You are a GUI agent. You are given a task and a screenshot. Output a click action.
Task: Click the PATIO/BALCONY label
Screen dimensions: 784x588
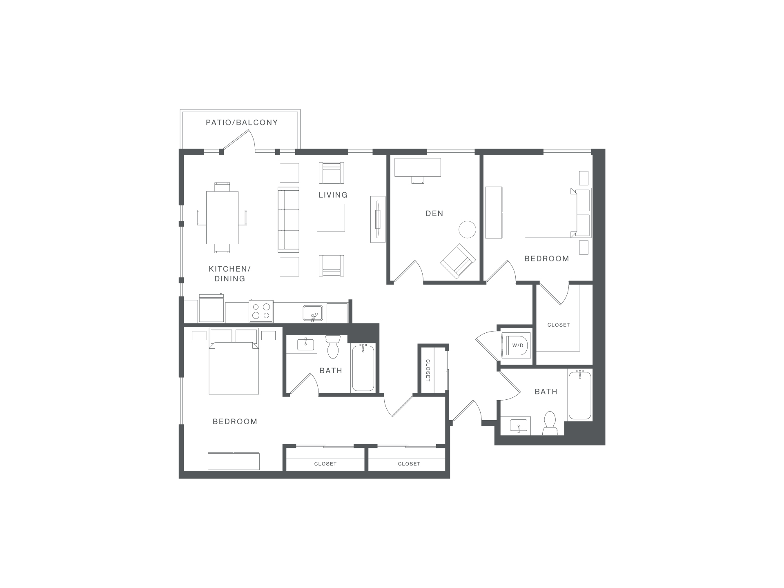[x=242, y=122]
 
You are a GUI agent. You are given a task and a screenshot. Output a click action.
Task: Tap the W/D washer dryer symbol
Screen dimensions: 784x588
[x=518, y=345]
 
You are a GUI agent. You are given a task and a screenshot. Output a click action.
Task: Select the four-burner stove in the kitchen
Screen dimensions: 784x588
[x=261, y=311]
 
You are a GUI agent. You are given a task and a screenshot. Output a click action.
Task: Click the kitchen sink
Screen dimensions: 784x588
[x=313, y=313]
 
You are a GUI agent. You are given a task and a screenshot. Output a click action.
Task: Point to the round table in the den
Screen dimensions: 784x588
[x=468, y=229]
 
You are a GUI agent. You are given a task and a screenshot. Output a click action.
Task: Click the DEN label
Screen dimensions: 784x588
[x=434, y=214]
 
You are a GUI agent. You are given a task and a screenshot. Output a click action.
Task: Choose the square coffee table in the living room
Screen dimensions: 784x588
[x=331, y=218]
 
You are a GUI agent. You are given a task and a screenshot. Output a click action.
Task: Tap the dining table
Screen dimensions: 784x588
[x=222, y=218]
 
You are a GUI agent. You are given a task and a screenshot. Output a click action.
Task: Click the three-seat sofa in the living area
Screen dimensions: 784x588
[x=288, y=219]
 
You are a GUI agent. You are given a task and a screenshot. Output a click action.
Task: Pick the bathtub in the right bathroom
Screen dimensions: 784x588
[x=580, y=395]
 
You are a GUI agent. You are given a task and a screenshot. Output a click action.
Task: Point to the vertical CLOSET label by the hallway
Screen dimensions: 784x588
[x=428, y=370]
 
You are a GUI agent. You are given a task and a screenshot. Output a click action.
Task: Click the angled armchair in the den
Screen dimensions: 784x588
[x=458, y=261]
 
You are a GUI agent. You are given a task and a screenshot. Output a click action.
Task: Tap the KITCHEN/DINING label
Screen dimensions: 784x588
[x=230, y=274]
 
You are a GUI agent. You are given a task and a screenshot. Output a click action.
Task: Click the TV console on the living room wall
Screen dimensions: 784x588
[x=378, y=219]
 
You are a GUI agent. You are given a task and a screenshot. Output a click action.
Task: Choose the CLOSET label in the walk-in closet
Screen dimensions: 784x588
[x=559, y=325]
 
